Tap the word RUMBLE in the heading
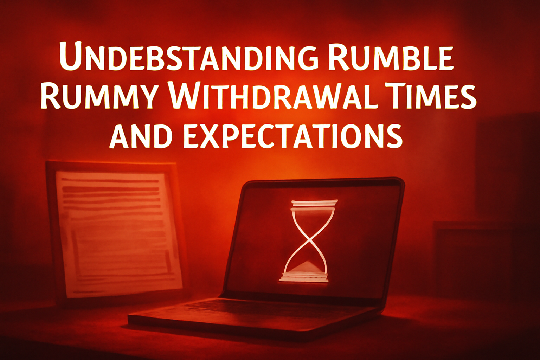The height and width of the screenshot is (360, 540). click(390, 56)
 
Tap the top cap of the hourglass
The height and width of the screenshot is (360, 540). click(314, 203)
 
